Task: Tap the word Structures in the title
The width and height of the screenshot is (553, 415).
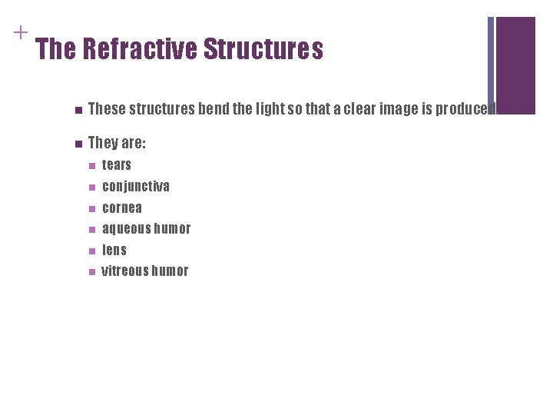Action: [x=263, y=50]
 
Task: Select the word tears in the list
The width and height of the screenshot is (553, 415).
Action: [x=117, y=164]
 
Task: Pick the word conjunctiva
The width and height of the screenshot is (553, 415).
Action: [x=136, y=186]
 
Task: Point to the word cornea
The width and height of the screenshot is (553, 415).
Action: [x=122, y=207]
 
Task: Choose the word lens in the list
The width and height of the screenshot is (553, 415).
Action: [x=114, y=250]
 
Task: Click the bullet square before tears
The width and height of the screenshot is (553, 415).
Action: [x=91, y=165]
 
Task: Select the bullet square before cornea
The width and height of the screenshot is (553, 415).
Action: [x=91, y=208]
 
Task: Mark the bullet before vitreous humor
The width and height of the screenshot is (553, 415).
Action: [x=91, y=271]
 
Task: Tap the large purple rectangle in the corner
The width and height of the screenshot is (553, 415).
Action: [x=515, y=65]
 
